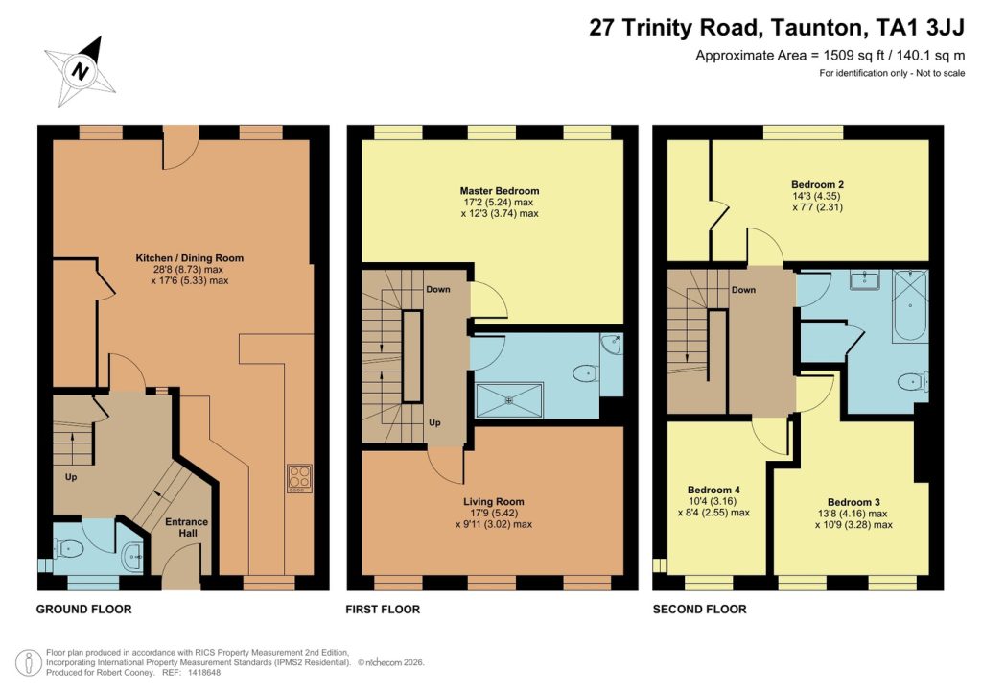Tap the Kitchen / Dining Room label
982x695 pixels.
(x=189, y=258)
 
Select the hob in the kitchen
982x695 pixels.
(x=298, y=478)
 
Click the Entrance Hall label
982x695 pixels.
(x=187, y=528)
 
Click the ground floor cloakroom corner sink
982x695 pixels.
(x=133, y=552)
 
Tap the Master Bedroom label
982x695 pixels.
(x=499, y=191)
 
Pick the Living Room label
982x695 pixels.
(x=494, y=502)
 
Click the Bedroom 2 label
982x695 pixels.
(x=817, y=184)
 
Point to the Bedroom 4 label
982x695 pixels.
(x=713, y=490)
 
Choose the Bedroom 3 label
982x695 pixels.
(x=853, y=502)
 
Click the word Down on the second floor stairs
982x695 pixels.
(x=743, y=290)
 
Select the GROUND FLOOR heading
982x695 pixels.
(x=83, y=610)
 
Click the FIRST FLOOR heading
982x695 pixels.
(x=383, y=610)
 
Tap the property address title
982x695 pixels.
(x=777, y=29)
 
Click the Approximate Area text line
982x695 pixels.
(x=830, y=56)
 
